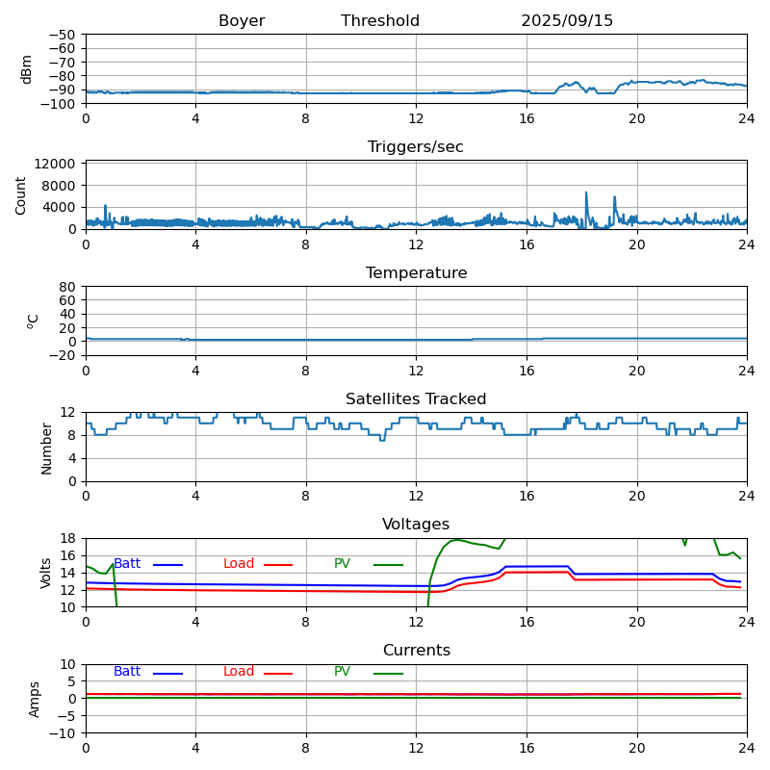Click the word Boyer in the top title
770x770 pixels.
pyautogui.click(x=242, y=21)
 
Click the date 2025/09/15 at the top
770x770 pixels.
pyautogui.click(x=567, y=21)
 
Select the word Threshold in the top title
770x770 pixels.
pyautogui.click(x=380, y=21)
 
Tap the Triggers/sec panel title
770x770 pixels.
pyautogui.click(x=416, y=147)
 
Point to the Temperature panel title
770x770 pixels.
pyautogui.click(x=416, y=273)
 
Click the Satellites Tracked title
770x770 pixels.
pyautogui.click(x=416, y=399)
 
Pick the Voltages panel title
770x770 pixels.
pyautogui.click(x=416, y=525)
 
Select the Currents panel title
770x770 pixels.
pyautogui.click(x=416, y=651)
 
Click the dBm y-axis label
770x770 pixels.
pyautogui.click(x=27, y=69)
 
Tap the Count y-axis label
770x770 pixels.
pyautogui.click(x=21, y=194)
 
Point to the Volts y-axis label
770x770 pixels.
pyautogui.click(x=46, y=573)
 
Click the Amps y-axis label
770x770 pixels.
pyautogui.click(x=35, y=699)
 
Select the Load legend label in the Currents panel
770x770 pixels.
pyautogui.click(x=239, y=672)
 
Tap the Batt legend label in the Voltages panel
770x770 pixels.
pyautogui.click(x=127, y=564)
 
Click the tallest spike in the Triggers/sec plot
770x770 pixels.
pyautogui.click(x=586, y=192)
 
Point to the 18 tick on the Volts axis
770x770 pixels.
pyautogui.click(x=69, y=538)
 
